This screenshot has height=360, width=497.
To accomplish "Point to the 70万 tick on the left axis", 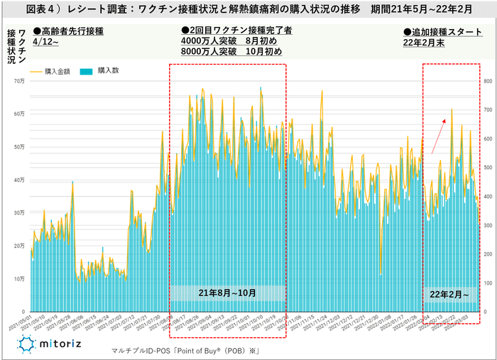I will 19,82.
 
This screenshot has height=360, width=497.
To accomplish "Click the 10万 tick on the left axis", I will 19,278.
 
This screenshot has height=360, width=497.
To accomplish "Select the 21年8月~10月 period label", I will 227,293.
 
